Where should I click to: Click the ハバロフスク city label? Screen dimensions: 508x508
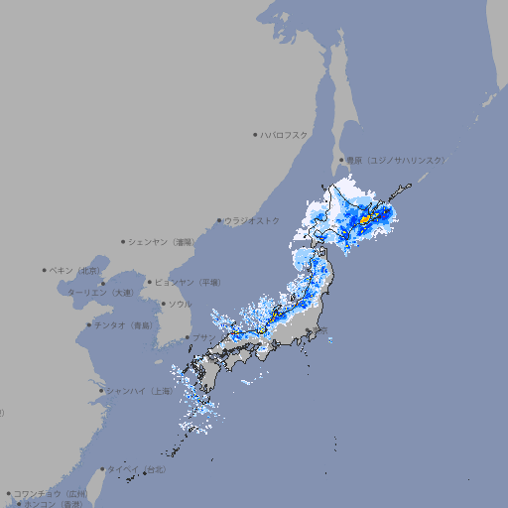(x=284, y=134)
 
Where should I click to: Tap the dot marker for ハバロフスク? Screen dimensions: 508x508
(x=255, y=134)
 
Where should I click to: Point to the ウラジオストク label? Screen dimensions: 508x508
(x=252, y=220)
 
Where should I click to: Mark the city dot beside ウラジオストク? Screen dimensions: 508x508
(x=219, y=221)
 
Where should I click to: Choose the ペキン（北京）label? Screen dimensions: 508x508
(x=75, y=270)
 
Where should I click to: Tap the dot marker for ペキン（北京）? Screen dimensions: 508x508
(x=45, y=270)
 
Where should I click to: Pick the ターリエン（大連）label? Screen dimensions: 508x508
(x=100, y=293)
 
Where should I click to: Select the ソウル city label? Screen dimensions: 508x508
(x=180, y=304)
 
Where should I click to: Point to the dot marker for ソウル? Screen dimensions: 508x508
(x=163, y=304)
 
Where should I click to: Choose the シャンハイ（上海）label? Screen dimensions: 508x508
(x=140, y=391)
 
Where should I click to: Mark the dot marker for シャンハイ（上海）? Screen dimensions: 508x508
(x=101, y=391)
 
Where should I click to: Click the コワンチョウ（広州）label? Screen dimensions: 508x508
(x=51, y=493)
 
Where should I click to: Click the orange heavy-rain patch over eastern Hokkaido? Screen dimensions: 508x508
(x=365, y=218)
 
